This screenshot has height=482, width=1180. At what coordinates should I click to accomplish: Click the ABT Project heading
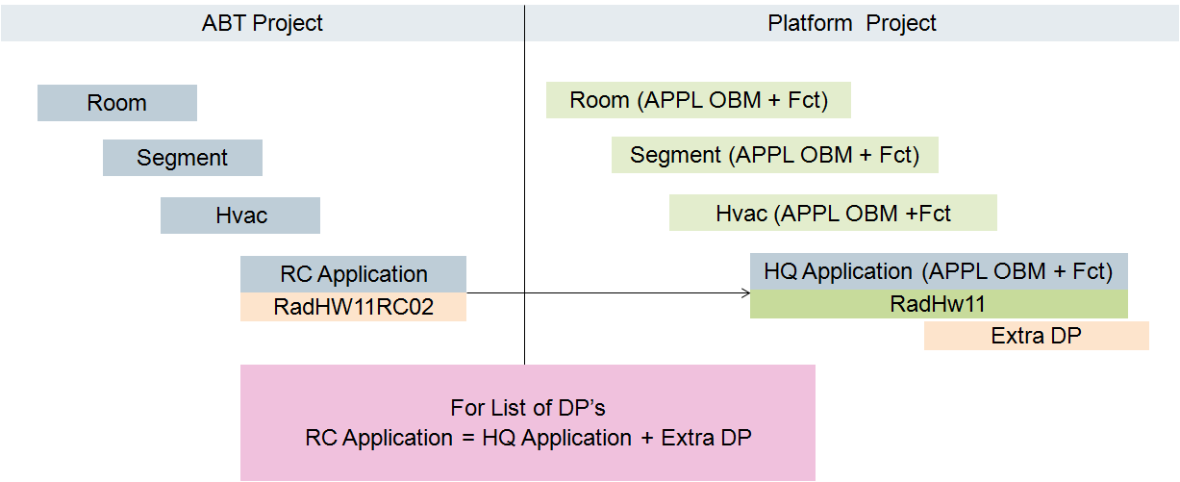click(x=262, y=23)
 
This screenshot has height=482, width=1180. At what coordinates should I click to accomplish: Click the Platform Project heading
click(x=851, y=23)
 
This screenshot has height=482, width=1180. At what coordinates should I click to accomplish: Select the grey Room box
click(x=117, y=103)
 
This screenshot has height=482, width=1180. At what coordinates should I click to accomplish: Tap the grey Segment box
click(x=183, y=158)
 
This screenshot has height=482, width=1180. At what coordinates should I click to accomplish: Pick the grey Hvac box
click(x=240, y=216)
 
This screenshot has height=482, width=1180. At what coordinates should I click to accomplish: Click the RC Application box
click(x=353, y=274)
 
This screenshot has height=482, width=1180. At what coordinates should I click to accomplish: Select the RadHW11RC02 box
click(x=353, y=307)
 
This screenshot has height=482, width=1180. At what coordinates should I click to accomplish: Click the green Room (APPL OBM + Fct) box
click(x=698, y=100)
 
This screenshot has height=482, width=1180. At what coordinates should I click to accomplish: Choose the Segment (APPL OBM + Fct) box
click(x=774, y=155)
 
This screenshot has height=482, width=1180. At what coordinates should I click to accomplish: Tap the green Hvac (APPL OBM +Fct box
click(x=833, y=213)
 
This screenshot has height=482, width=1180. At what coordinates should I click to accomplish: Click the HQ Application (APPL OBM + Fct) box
click(x=938, y=271)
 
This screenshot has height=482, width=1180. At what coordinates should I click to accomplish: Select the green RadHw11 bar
click(x=938, y=305)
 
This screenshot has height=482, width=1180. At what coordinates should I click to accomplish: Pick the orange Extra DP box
click(x=1036, y=336)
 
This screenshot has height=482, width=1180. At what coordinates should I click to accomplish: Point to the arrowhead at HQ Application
click(x=745, y=292)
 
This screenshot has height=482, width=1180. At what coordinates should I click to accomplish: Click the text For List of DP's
click(x=527, y=408)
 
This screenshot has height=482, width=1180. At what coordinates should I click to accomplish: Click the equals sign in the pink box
click(x=466, y=438)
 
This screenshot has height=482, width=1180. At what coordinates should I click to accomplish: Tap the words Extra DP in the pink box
click(x=706, y=438)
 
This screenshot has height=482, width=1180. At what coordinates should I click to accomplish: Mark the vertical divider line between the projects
click(x=525, y=192)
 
